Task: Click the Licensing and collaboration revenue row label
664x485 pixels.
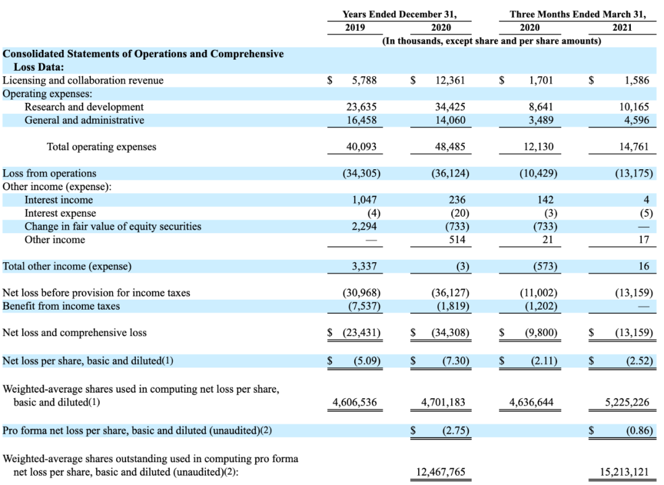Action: (84, 80)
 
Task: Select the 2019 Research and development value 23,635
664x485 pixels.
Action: (362, 107)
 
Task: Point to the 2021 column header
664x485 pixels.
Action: (622, 27)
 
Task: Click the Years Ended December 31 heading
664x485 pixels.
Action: (400, 14)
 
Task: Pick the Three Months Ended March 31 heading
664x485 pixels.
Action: (578, 14)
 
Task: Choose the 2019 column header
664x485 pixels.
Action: (355, 27)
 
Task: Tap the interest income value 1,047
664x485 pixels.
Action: (364, 199)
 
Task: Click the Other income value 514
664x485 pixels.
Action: (457, 240)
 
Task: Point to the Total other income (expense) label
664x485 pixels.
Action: (67, 267)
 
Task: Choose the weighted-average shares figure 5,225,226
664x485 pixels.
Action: (627, 403)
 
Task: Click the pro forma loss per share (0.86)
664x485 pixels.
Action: (639, 431)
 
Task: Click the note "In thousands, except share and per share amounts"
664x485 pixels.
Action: (491, 41)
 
